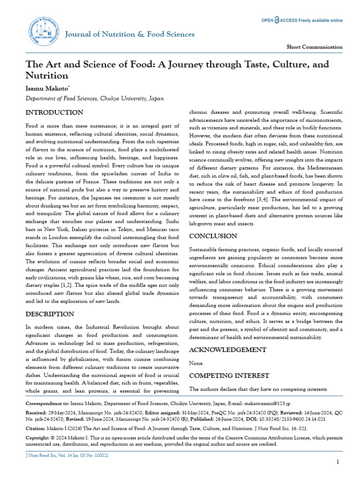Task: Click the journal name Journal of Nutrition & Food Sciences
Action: click(129, 34)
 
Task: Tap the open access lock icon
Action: click(277, 20)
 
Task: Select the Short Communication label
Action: click(314, 47)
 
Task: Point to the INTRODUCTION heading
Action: click(54, 112)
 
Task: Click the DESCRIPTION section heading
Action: click(50, 314)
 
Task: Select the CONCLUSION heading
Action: click(213, 236)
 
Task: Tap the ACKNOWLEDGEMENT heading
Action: click(227, 350)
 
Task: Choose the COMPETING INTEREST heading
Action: click(229, 375)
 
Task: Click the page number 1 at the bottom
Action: click(338, 462)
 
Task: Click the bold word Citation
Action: click(35, 428)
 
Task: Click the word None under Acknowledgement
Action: click(196, 363)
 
